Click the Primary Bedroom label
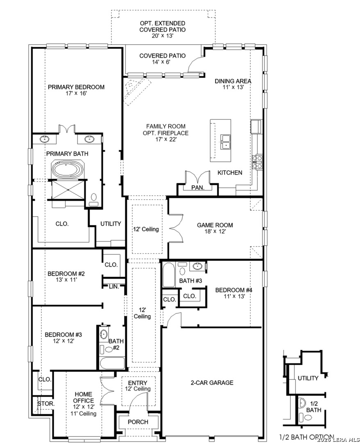point(76,87)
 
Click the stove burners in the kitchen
point(258,162)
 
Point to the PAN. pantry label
point(198,187)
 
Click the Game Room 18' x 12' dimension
point(215,231)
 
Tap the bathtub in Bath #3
point(169,275)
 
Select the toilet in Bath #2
point(108,349)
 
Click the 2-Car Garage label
point(212,383)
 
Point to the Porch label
point(138,422)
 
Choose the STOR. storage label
point(46,404)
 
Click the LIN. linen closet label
point(114,286)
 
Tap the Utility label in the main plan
point(111,224)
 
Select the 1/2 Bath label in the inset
point(314,407)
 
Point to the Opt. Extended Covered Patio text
point(163,26)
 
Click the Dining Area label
point(233,81)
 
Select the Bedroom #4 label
point(234,290)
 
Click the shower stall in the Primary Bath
point(68,190)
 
